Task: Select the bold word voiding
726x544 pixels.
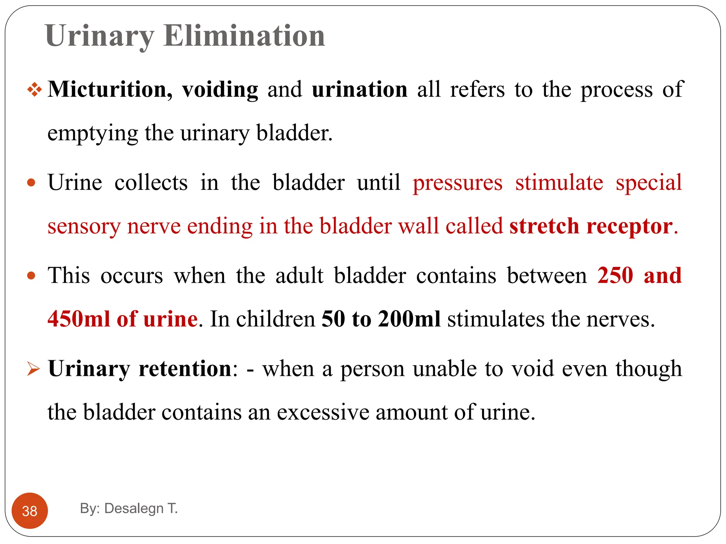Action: pos(220,90)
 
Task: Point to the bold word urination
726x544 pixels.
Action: pos(359,89)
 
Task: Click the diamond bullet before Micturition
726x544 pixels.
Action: pos(34,89)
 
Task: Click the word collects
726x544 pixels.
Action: pos(151,183)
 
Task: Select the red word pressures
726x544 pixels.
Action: pos(457,183)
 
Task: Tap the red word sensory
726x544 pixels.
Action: pos(84,227)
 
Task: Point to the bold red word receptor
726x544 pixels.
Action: pos(630,227)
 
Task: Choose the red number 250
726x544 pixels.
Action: pos(615,276)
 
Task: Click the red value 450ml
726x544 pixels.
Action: pos(79,319)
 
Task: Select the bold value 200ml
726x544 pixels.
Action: pos(409,319)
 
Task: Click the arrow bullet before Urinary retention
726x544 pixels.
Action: pos(34,369)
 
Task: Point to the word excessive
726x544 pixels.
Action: pos(323,413)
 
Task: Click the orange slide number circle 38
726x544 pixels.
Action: pos(30,511)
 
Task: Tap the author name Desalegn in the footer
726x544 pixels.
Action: pos(134,508)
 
